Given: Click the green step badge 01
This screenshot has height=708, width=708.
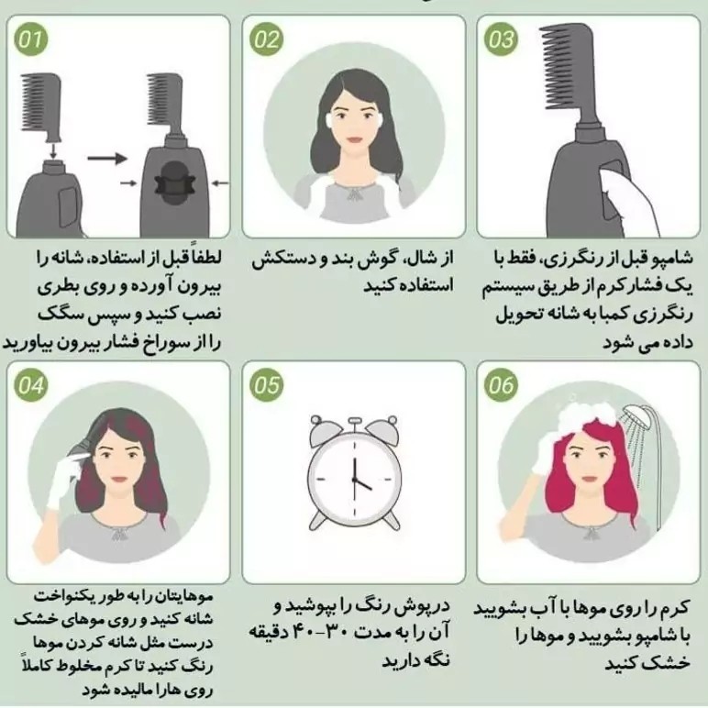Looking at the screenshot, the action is click(x=30, y=39).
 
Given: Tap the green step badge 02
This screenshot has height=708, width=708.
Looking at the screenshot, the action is click(x=266, y=39).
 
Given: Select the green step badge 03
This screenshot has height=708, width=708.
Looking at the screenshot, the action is click(x=501, y=39).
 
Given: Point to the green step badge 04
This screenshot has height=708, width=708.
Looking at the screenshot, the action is click(x=30, y=385).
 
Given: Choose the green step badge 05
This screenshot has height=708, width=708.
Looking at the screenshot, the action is click(x=266, y=385).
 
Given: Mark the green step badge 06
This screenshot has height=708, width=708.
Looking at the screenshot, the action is click(x=501, y=385).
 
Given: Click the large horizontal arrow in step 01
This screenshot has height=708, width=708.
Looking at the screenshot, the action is click(x=107, y=159).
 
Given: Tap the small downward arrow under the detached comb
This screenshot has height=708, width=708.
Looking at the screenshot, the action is click(x=53, y=150).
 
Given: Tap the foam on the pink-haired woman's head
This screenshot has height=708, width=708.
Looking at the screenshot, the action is click(x=587, y=415).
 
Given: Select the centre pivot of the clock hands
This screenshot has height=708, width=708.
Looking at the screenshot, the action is click(x=354, y=480).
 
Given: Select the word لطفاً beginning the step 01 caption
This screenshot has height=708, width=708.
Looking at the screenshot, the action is click(x=207, y=258).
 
